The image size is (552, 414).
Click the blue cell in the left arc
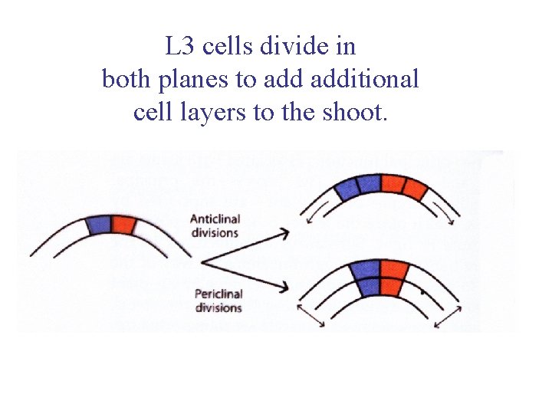[97, 225]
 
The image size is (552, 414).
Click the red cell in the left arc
[123, 225]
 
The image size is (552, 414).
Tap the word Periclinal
[219, 294]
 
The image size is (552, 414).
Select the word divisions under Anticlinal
[215, 232]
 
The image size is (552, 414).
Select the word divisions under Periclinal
[218, 307]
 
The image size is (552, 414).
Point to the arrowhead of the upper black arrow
[283, 231]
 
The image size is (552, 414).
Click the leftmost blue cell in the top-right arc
[347, 188]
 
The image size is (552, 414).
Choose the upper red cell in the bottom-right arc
[393, 269]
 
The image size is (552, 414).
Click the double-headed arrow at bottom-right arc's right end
[448, 314]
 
